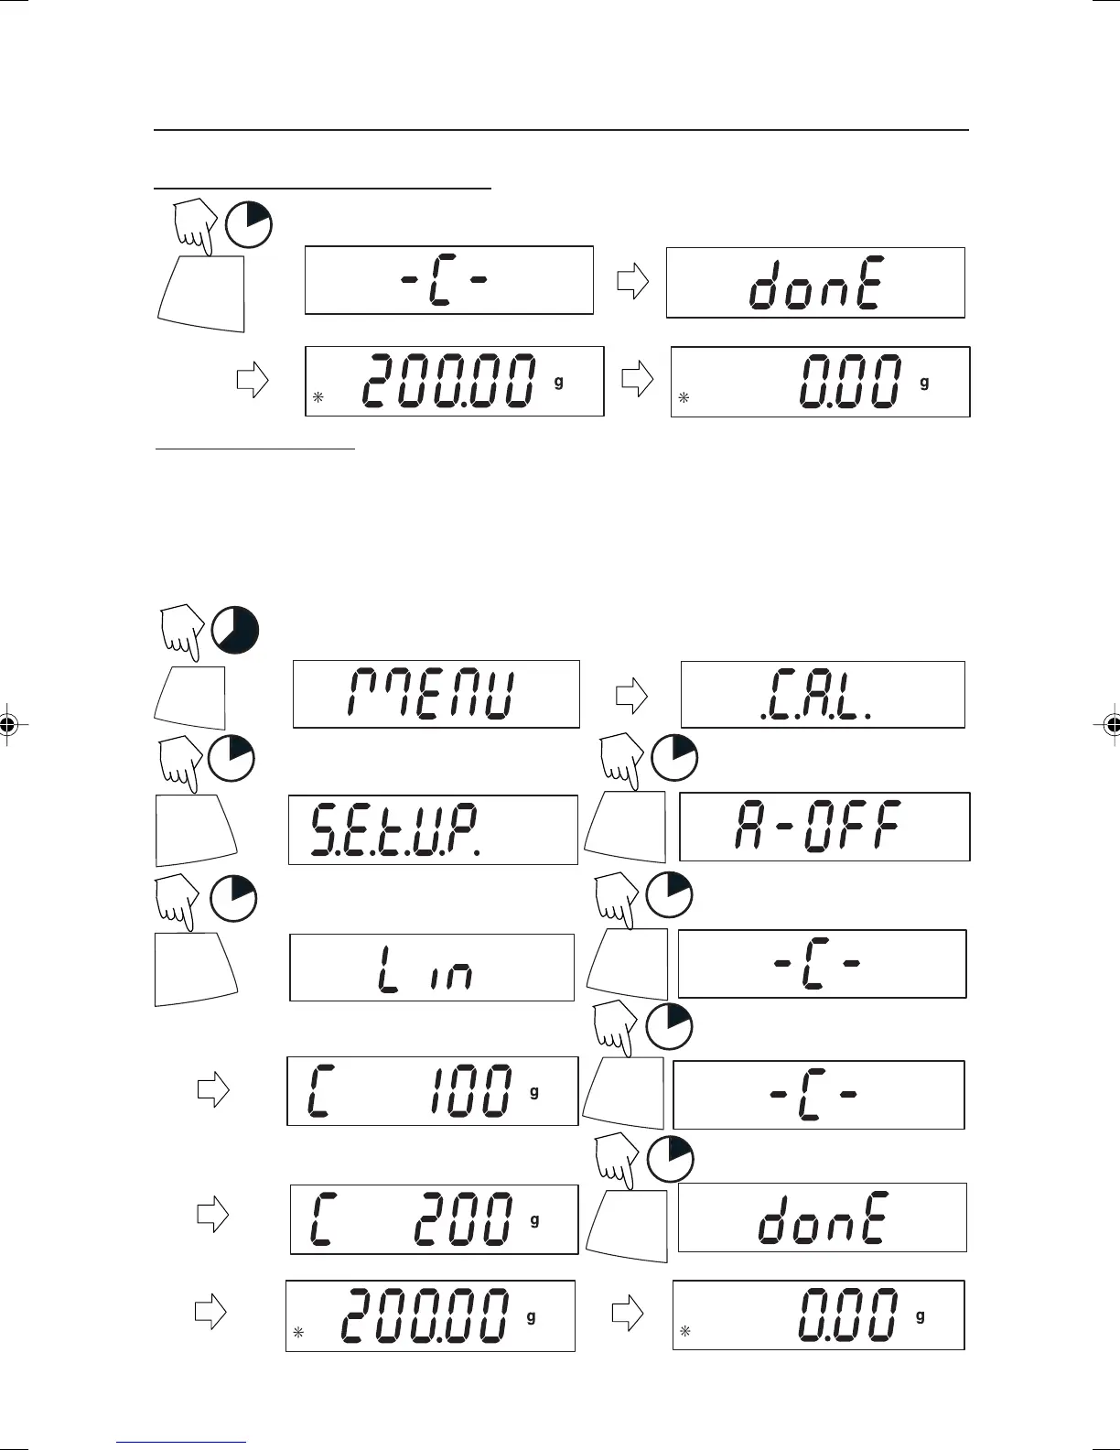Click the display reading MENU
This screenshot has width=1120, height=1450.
(x=436, y=694)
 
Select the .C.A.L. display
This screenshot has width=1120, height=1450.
(x=823, y=694)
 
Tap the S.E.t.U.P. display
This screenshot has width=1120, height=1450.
(x=433, y=829)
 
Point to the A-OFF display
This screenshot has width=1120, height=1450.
(x=824, y=827)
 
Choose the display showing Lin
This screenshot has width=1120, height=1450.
(x=432, y=968)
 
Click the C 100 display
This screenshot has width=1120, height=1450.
(x=432, y=1091)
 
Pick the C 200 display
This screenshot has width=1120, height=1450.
(x=434, y=1219)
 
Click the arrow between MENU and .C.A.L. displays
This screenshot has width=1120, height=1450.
(x=630, y=697)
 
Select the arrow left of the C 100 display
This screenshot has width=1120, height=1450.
(x=212, y=1089)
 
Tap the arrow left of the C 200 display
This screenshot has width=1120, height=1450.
(x=212, y=1215)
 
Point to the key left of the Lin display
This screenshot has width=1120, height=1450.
(x=196, y=969)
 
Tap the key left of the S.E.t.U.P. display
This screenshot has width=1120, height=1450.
(x=195, y=830)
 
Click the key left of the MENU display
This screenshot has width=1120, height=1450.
(x=191, y=698)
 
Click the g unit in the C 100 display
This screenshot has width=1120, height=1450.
(x=534, y=1092)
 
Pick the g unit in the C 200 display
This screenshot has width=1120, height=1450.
(x=534, y=1220)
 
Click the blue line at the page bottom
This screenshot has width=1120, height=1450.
(x=181, y=1442)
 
